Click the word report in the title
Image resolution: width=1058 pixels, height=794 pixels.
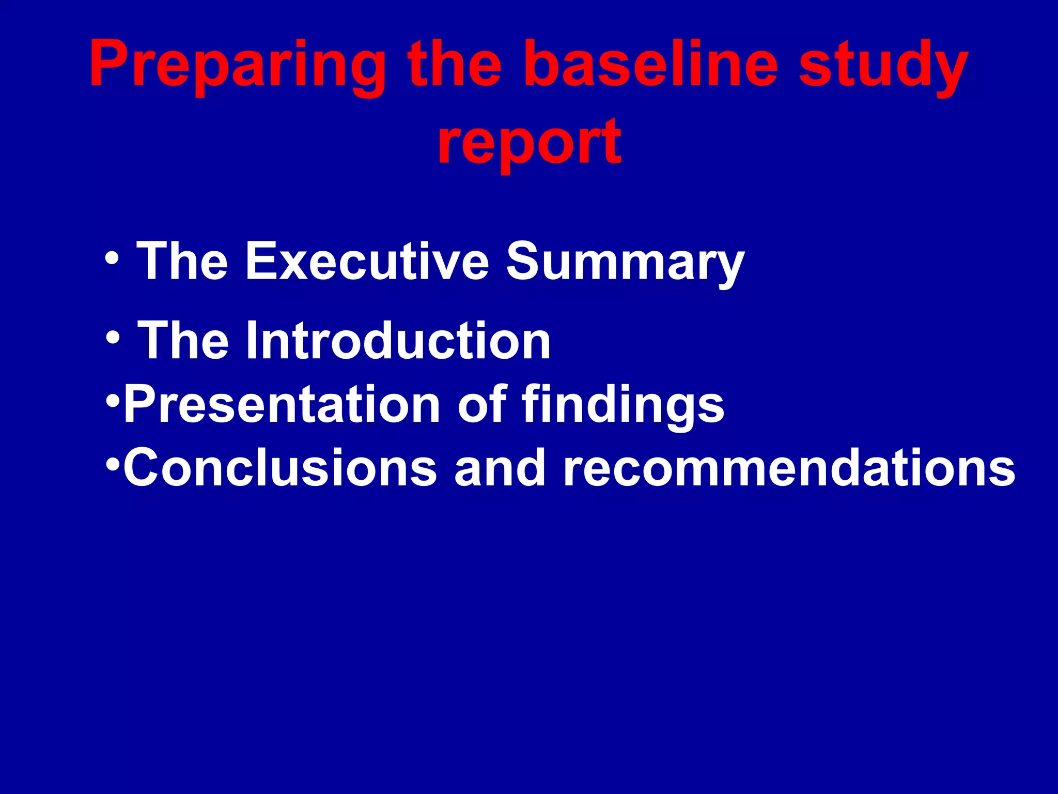(x=530, y=142)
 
